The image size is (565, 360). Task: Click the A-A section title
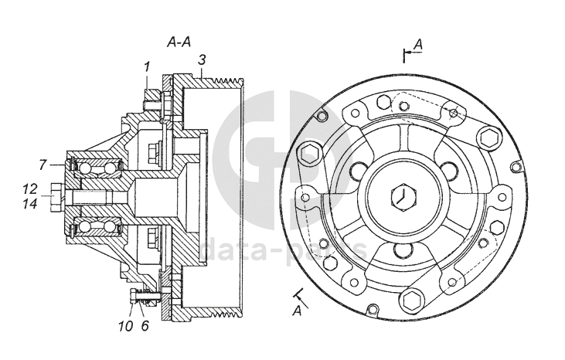coord(179,42)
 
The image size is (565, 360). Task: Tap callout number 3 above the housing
coord(201,59)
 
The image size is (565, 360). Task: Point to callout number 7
coord(43,164)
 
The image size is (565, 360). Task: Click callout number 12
coord(30,188)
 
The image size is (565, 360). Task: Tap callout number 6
coord(144,326)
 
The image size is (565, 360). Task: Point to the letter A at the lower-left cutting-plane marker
coord(296,311)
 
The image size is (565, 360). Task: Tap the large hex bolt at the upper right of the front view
coord(489,138)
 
